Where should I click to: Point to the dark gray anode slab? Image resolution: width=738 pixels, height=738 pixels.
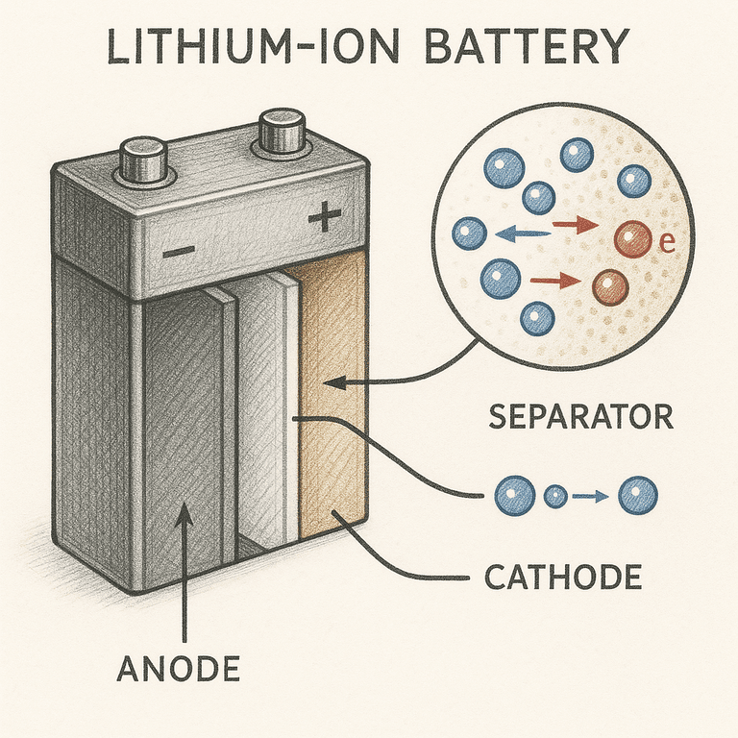183,423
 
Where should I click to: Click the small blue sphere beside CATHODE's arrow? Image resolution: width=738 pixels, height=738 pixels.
556,497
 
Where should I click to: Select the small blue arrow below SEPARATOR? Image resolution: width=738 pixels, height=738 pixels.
588,497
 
